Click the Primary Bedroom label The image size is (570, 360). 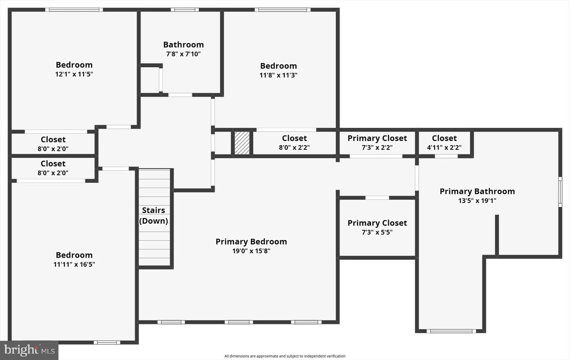click(251, 242)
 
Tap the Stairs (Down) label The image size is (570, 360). click(154, 215)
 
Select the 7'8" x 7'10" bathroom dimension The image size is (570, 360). click(183, 54)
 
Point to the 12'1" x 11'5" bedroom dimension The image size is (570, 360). click(74, 74)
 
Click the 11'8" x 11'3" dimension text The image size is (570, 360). click(278, 75)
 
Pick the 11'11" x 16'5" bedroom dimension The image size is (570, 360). click(74, 264)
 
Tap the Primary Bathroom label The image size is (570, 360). click(477, 191)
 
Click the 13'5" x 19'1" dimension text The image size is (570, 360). click(477, 201)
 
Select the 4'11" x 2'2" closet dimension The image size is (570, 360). click(444, 148)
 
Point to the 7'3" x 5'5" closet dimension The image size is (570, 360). click(377, 232)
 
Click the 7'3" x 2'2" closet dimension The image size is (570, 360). click(377, 148)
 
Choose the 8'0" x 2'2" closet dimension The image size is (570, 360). click(294, 148)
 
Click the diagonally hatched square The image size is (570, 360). click(242, 143)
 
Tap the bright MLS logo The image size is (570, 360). click(29, 351)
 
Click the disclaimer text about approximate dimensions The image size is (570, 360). click(285, 356)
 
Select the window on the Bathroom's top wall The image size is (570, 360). click(184, 9)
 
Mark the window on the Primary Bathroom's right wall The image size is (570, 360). click(560, 192)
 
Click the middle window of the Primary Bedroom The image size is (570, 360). click(239, 322)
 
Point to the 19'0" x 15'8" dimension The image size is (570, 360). click(251, 251)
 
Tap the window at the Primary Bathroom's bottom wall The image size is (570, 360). click(451, 331)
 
